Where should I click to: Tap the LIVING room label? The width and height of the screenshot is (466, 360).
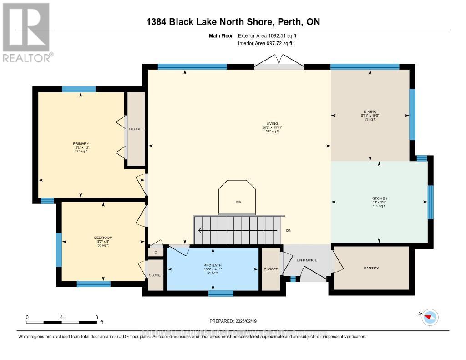coord(272,123)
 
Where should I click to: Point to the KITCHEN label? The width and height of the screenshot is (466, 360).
coord(379,198)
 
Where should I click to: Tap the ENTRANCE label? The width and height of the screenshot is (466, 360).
coord(307,260)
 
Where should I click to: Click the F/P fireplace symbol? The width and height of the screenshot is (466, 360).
coord(237,202)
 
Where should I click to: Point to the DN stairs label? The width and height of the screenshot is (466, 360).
coord(289,231)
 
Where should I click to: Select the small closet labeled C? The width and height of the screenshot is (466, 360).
coord(156,252)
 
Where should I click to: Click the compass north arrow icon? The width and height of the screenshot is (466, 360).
coord(430,316)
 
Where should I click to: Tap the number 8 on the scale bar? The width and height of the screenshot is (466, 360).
coord(96,317)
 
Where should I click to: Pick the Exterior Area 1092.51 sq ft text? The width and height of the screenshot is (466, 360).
coord(268,35)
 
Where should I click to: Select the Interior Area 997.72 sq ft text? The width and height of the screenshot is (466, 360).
coord(265,43)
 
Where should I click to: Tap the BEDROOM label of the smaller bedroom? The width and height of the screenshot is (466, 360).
coord(103,238)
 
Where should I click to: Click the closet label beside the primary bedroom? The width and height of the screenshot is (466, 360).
coord(136,129)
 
